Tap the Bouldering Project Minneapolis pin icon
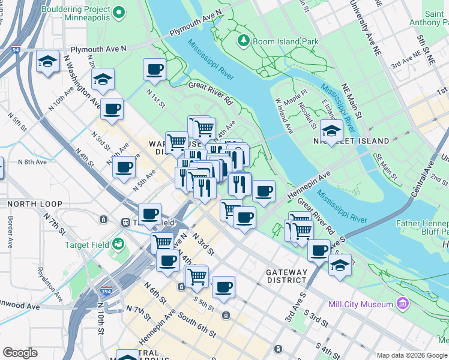pos(119,11)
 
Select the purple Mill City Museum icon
pos(402,304)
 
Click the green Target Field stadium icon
pos(119,244)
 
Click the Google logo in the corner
pos(20,353)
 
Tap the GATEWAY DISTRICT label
pos(287,276)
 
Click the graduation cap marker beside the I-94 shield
pos(47,61)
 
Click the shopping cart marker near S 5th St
pos(197,276)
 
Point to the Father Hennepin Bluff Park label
pos(422,227)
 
